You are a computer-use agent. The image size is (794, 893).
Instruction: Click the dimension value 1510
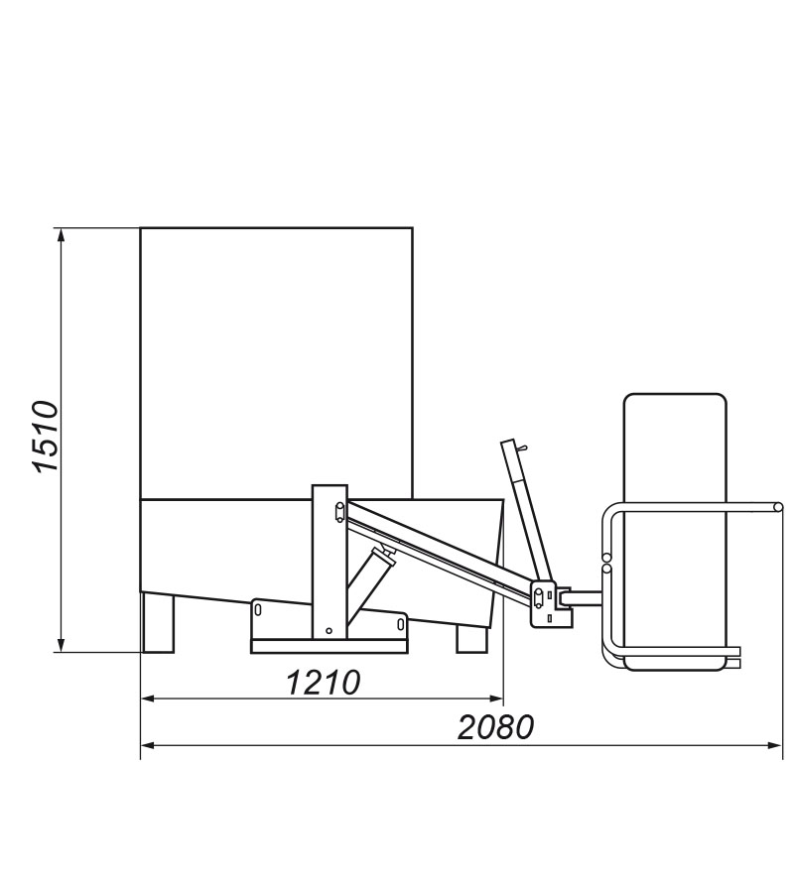pyautogui.click(x=46, y=437)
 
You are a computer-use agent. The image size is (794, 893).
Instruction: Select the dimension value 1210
pyautogui.click(x=323, y=682)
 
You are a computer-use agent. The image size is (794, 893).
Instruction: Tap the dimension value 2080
pyautogui.click(x=496, y=727)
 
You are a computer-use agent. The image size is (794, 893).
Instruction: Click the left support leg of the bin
pyautogui.click(x=158, y=622)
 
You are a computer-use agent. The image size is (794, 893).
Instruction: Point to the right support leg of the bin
pyautogui.click(x=471, y=639)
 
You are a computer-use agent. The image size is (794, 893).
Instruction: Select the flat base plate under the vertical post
pyautogui.click(x=330, y=646)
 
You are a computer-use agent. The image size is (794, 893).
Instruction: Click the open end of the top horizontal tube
pyautogui.click(x=778, y=508)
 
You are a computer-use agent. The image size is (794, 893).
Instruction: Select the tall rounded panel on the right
pyautogui.click(x=675, y=446)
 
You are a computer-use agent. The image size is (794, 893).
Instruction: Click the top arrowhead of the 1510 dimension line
pyautogui.click(x=62, y=234)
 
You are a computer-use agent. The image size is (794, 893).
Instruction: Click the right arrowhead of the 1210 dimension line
pyautogui.click(x=498, y=699)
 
